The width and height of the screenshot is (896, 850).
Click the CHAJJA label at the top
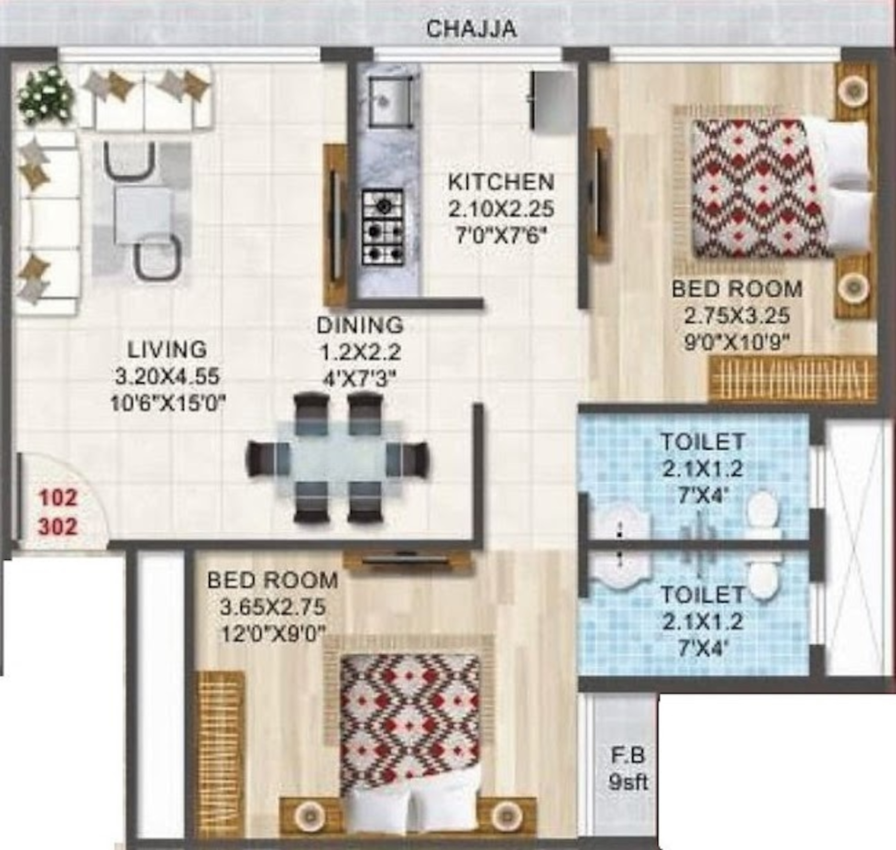click(471, 29)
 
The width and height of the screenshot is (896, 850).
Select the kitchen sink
click(390, 100)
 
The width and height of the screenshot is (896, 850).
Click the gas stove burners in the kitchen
click(383, 227)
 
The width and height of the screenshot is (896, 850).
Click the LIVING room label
click(167, 349)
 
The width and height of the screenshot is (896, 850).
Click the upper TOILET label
click(703, 442)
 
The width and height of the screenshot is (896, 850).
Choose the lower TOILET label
click(703, 595)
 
